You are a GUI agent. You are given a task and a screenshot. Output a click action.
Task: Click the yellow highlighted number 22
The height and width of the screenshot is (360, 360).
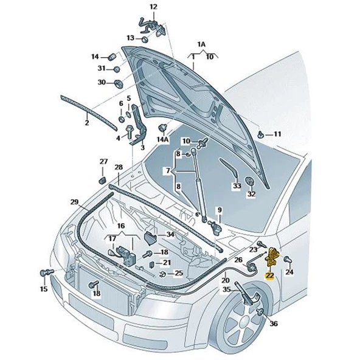coord(269,275)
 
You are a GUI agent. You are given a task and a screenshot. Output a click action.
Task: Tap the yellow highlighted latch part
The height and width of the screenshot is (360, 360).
coord(272,258)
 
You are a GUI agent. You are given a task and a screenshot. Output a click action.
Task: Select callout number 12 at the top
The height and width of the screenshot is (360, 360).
coord(153,7)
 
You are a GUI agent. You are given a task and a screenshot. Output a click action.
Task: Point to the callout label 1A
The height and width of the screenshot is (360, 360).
coord(201,45)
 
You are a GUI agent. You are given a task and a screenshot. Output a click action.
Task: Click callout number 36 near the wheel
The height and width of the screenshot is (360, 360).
coord(273,324)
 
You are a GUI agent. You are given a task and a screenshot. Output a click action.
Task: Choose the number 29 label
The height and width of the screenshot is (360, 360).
coord(74,202)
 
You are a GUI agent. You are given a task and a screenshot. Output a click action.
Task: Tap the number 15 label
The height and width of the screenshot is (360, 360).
coord(43,289)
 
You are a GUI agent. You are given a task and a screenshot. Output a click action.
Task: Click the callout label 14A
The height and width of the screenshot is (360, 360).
coord(162,139)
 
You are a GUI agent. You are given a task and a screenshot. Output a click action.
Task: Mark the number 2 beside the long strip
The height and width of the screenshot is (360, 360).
coord(86,123)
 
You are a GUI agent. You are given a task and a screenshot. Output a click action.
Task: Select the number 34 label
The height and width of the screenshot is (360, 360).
coord(170,234)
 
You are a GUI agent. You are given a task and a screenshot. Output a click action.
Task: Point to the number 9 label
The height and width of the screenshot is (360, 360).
coord(220,210)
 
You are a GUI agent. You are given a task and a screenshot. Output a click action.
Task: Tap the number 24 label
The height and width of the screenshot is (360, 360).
coord(289,272)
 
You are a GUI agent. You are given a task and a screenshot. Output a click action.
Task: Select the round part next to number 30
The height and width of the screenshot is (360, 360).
coord(119,82)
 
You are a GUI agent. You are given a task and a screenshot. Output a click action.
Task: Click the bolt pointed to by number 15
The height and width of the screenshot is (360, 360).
coord(46,271)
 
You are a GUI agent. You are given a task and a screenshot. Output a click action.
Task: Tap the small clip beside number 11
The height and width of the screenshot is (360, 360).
coord(261,133)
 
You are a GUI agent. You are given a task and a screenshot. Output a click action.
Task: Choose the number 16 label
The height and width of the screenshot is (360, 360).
coord(120,226)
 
